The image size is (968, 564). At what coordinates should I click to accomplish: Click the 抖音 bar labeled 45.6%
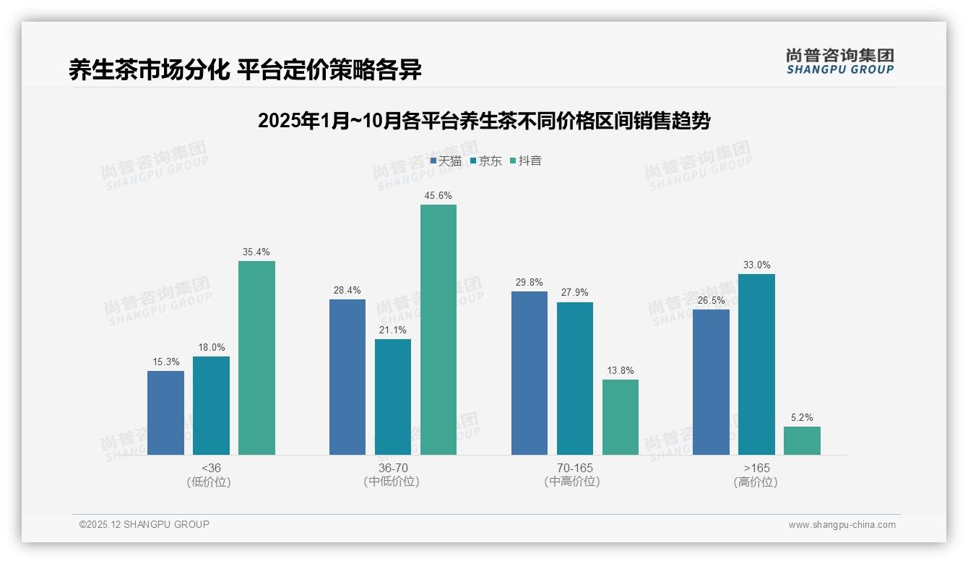point(438,330)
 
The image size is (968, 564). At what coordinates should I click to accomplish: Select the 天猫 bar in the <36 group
point(165,413)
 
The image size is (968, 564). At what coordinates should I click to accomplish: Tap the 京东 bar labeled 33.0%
point(756,364)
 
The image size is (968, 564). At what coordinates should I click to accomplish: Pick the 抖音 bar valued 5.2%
point(802,440)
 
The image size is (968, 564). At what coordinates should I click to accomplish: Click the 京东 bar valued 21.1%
point(393,397)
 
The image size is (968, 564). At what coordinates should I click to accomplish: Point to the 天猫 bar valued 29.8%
point(530,373)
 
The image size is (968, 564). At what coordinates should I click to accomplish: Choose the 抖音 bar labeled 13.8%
point(621,417)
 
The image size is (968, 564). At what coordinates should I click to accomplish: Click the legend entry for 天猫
point(446,161)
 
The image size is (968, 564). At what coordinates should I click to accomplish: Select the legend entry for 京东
point(485,161)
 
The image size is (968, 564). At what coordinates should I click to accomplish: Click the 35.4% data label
point(256,252)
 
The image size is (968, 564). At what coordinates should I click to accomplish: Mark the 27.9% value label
point(574,293)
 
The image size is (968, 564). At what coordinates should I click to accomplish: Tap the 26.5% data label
point(711,300)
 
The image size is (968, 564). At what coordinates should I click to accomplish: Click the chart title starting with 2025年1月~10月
point(484,121)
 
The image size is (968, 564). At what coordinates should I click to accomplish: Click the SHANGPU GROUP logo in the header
point(840,61)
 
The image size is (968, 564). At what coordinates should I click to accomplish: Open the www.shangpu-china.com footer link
point(842,525)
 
